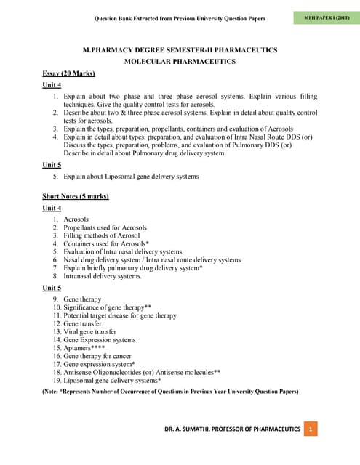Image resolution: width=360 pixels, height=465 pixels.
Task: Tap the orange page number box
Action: [x=311, y=429]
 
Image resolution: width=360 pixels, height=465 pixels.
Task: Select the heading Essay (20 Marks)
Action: [x=69, y=73]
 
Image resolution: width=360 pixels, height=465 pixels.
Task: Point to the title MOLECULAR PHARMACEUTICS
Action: [x=180, y=62]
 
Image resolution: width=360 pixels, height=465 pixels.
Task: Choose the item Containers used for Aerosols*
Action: [x=106, y=243]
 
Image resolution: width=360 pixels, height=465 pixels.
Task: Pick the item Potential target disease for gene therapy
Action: [x=120, y=316]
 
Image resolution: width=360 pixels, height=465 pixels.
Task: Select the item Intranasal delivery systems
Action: [x=103, y=276]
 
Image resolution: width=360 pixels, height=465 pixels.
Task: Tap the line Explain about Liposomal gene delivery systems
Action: [x=131, y=177]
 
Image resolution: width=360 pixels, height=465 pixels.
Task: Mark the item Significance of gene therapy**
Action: [x=108, y=308]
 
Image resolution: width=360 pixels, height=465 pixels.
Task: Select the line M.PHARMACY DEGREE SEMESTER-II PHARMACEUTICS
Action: [x=180, y=49]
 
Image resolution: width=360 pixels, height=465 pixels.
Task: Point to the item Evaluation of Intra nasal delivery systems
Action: [x=123, y=251]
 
